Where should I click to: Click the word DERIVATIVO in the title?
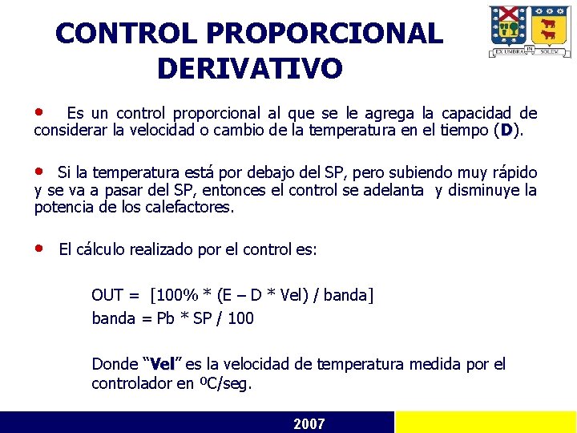[249, 68]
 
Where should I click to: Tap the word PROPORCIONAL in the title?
[324, 34]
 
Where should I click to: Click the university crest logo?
[530, 31]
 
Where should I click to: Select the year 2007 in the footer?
[309, 423]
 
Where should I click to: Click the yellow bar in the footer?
[486, 423]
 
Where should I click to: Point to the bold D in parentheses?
[506, 130]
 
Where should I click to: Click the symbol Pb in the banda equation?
[165, 318]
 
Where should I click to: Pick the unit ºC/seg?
[225, 384]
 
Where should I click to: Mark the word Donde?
[115, 364]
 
